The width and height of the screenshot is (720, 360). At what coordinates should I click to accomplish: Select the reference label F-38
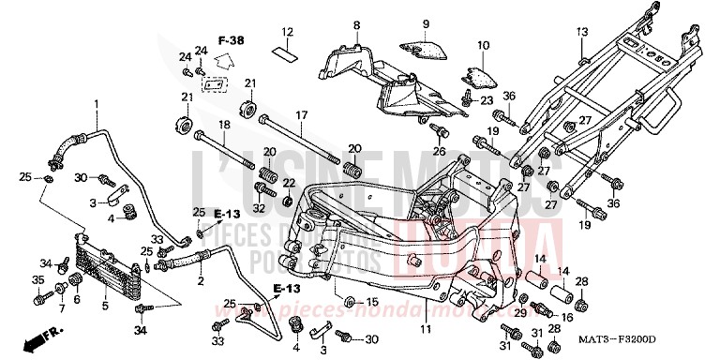coord(231,41)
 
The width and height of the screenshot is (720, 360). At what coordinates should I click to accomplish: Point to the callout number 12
coord(289,33)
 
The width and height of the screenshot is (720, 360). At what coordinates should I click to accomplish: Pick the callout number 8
coord(356,24)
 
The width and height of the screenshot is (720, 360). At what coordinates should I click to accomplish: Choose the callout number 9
coord(425,23)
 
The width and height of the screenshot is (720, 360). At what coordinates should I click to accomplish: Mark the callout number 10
coord(484,45)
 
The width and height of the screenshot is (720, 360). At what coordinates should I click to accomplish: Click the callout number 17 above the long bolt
coord(302,115)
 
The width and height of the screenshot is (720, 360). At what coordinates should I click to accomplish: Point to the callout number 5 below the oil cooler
coord(105,305)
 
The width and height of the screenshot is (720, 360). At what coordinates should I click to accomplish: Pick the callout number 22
coord(289,182)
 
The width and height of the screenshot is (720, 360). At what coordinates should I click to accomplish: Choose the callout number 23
coord(486,100)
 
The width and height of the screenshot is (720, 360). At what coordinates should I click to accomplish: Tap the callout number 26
coord(438,151)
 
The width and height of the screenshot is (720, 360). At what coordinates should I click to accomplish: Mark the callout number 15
coord(372,302)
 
